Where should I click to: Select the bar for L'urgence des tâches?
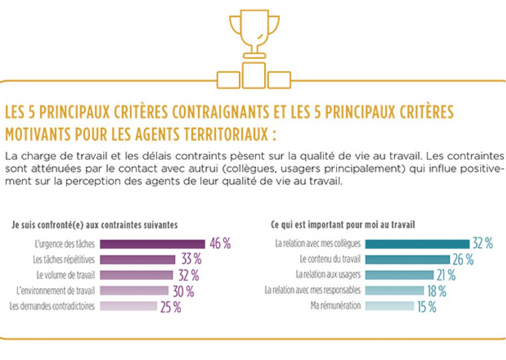[152, 244]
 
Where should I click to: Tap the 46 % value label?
[220, 244]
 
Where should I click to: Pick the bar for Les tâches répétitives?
[138, 260]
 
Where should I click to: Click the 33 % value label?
[191, 259]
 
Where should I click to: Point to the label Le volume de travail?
[66, 275]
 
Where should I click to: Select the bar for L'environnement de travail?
[134, 290]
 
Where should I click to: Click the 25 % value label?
[171, 307]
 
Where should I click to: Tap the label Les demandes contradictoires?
[52, 306]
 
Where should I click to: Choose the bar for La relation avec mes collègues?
[417, 244]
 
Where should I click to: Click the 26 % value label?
[463, 259]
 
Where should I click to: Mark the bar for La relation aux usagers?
[399, 275]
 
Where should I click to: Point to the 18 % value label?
[437, 291]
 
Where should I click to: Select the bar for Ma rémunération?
[390, 306]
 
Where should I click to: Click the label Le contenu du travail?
[330, 259]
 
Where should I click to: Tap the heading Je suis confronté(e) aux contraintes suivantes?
[94, 225]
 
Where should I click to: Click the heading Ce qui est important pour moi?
[343, 225]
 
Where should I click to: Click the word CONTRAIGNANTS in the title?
[221, 112]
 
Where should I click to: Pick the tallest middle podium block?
[254, 75]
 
